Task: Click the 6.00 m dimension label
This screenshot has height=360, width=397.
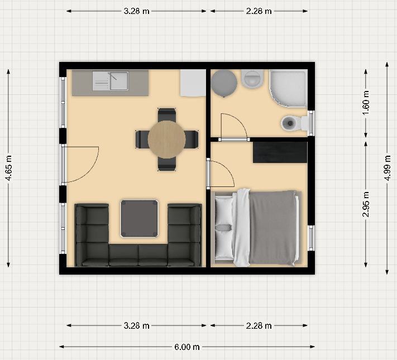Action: [x=187, y=347]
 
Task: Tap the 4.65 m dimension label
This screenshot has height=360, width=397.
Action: [x=8, y=168]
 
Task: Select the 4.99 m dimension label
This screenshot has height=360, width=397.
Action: [x=388, y=168]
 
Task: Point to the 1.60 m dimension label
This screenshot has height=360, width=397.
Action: [x=366, y=103]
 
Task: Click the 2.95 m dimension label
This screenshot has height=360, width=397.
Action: [x=366, y=204]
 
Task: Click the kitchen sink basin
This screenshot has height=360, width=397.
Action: [x=119, y=81]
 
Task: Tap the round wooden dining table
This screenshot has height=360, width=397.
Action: [x=166, y=139]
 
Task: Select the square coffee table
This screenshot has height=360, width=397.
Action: [x=139, y=218]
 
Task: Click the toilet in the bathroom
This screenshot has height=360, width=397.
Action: [x=294, y=123]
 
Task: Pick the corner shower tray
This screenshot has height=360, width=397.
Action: [x=289, y=88]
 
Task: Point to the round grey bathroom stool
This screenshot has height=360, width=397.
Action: [x=224, y=83]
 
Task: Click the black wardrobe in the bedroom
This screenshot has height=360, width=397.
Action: [x=280, y=152]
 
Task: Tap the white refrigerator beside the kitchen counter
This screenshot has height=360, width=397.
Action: [x=193, y=83]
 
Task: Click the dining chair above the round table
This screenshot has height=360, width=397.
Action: [x=166, y=115]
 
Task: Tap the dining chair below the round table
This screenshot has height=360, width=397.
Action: [x=166, y=164]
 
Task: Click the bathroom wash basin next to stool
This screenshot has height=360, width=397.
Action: [x=252, y=79]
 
